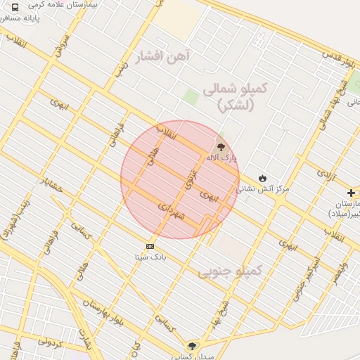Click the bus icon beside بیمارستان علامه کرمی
click(x=15, y=7)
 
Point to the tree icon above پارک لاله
click(x=222, y=146)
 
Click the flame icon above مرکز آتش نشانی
click(x=263, y=178)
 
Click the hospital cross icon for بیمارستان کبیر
click(x=351, y=193)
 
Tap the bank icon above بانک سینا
click(x=150, y=246)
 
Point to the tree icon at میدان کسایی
click(x=192, y=345)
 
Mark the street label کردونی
click(x=51, y=344)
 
